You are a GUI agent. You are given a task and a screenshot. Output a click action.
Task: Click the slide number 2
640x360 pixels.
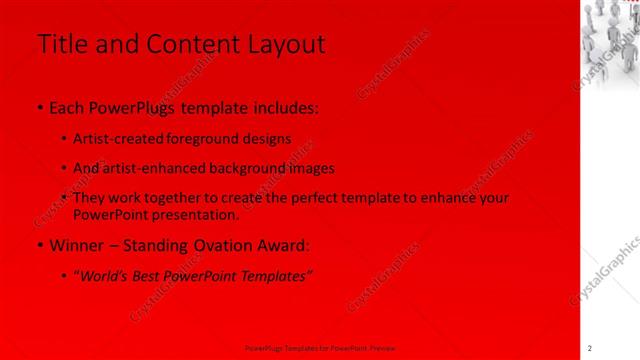coord(590,348)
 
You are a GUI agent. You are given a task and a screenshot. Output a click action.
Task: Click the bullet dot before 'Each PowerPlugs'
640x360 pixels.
coord(38,108)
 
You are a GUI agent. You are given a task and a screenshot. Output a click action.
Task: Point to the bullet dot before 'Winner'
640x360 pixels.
coord(38,245)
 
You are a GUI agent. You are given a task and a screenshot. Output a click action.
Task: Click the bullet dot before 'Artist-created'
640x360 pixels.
coord(65,140)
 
